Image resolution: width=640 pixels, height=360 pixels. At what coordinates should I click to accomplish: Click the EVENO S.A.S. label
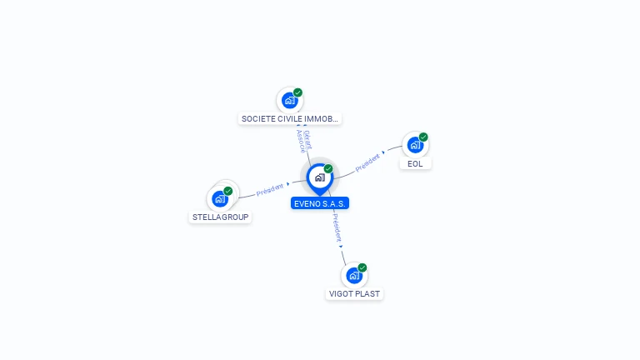320,203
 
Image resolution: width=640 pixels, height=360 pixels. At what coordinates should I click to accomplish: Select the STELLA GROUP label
221,217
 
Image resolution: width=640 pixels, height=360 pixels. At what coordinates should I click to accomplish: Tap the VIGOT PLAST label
354,294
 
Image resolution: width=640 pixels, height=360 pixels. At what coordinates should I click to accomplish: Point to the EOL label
415,164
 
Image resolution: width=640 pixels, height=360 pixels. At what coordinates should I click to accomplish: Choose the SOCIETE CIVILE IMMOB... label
290,119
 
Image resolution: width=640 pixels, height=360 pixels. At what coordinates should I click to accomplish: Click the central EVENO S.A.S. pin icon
319,177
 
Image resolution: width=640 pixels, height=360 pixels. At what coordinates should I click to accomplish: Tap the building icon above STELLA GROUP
220,198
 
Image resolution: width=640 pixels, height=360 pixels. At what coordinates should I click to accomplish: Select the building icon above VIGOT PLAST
354,275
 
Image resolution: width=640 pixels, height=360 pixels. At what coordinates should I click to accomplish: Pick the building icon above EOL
414,145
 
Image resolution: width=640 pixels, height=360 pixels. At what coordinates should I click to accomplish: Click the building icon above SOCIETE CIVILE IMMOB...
289,101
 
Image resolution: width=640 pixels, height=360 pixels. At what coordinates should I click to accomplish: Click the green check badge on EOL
423,137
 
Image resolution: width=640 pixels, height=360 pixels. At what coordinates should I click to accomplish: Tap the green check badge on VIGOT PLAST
362,267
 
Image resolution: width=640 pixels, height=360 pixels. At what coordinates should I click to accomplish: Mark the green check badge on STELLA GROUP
228,191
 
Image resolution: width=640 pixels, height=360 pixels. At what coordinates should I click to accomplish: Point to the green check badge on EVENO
328,169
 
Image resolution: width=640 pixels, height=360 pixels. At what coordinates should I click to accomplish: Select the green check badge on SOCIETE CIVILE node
297,92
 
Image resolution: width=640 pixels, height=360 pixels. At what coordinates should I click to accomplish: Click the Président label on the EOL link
367,163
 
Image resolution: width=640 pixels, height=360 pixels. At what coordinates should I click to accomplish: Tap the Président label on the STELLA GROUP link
269,189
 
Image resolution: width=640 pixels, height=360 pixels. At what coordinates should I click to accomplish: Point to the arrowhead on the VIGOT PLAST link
341,247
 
